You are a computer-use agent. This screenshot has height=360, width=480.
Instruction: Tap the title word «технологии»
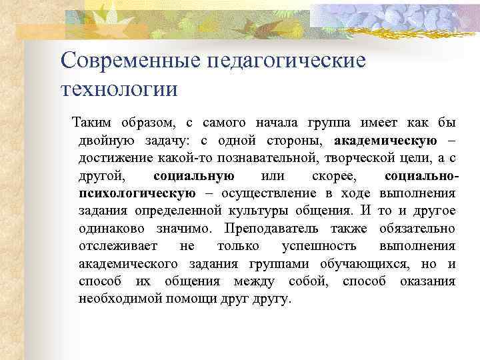[119, 88]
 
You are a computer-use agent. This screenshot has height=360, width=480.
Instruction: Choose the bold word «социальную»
[193, 176]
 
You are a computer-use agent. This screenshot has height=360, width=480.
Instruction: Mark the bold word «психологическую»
[137, 194]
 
